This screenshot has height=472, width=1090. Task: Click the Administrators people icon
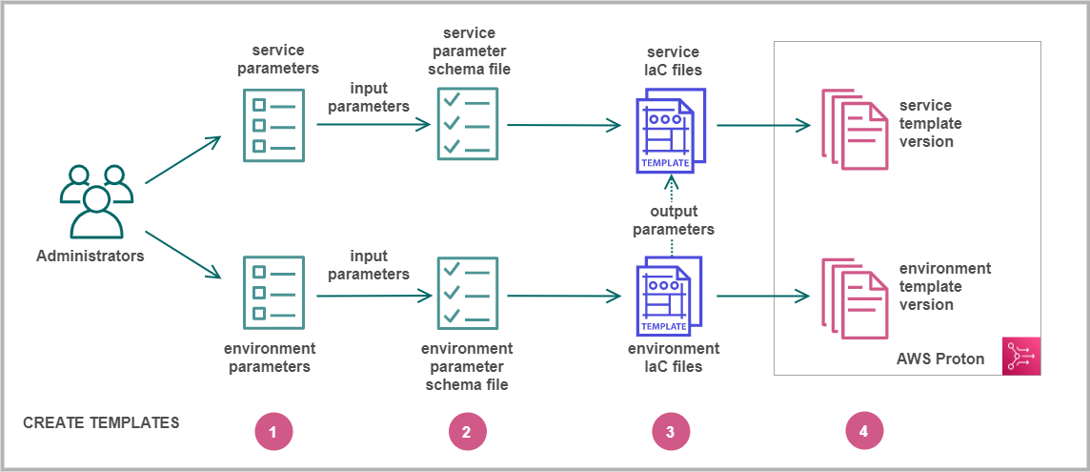point(96,202)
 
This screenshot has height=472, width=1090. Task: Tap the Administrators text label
point(91,256)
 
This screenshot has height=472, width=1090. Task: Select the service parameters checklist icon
point(273,125)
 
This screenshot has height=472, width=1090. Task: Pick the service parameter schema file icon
point(467,124)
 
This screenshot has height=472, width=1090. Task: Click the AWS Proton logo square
point(1020,356)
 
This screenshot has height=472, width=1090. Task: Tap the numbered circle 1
point(272,432)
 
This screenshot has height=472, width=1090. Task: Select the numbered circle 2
point(467,432)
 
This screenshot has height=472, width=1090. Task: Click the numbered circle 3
point(670,432)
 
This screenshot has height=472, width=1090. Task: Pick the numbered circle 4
point(864,432)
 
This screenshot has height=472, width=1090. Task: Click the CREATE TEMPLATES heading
point(101,422)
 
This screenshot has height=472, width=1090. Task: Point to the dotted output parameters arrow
point(673,189)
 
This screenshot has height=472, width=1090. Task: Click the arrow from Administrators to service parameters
point(183,159)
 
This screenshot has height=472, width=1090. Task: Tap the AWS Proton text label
point(940,359)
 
